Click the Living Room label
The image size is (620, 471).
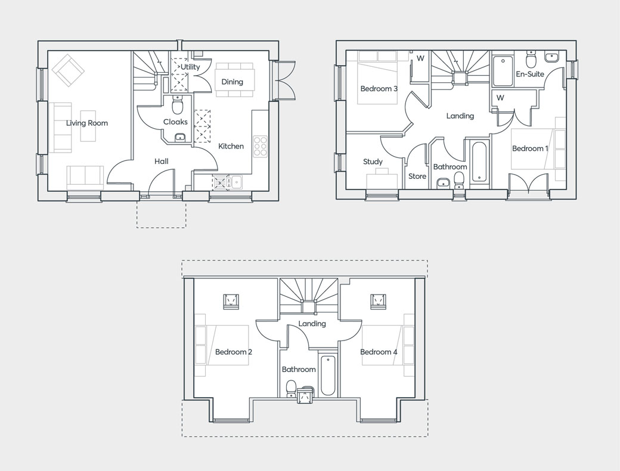87,123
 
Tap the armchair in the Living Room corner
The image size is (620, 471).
68,69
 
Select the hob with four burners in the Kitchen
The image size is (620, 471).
261,146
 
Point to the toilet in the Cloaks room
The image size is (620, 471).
177,106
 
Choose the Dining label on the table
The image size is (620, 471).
232,82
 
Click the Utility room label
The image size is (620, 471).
191,67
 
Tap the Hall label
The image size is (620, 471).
161,161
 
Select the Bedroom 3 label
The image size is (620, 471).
379,89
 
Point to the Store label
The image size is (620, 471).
417,176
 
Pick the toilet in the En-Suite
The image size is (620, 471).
530,60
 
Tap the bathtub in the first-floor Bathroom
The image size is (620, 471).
479,162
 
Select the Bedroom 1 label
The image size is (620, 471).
530,148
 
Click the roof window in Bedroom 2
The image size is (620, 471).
231,300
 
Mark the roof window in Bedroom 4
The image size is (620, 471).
377,300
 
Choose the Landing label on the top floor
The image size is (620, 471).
312,324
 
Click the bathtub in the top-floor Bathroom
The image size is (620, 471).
328,376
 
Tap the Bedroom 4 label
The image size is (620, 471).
379,352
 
